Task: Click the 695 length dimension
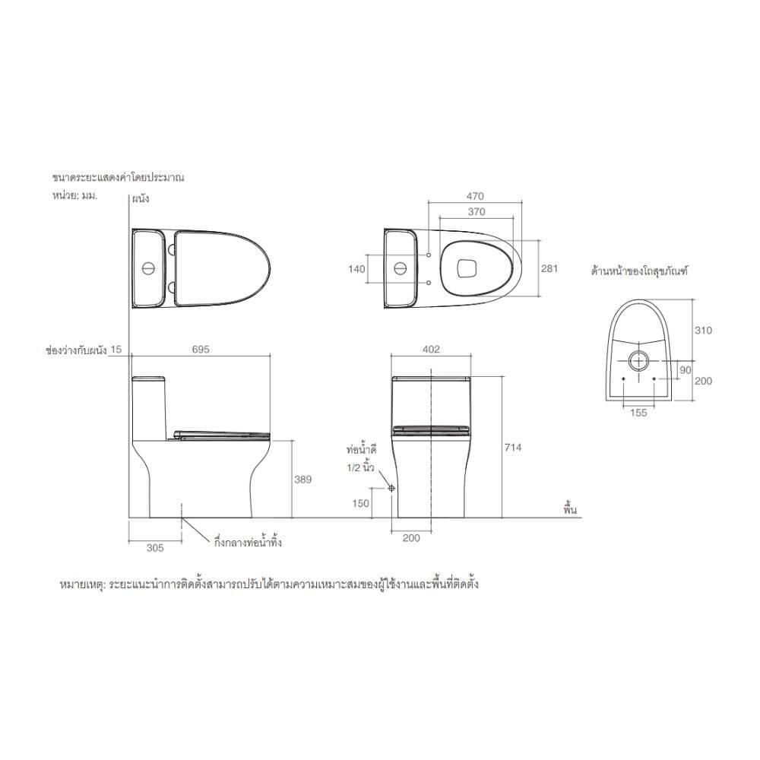coord(201,349)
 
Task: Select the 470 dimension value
coord(475,196)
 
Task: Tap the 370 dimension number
coord(477,211)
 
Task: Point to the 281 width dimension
coord(549,268)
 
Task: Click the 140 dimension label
coord(356,268)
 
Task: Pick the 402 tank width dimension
coord(431,349)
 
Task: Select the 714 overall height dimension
coord(513,448)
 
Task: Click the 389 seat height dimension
coord(303,480)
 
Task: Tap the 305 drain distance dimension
coord(155,548)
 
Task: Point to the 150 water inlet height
coord(360,503)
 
